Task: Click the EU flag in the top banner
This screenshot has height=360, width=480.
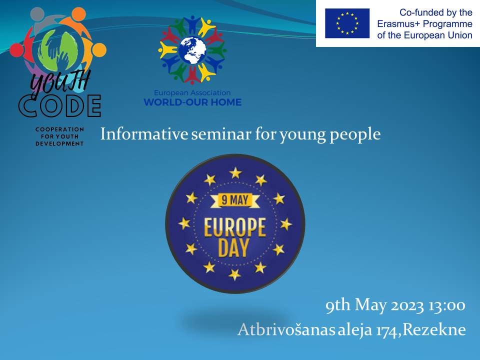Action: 347,23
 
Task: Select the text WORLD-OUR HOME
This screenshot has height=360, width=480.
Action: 192,102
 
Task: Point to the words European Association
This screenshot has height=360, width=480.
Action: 192,93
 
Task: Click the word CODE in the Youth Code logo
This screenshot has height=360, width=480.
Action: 59,106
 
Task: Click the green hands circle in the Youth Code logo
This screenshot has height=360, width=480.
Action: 57,50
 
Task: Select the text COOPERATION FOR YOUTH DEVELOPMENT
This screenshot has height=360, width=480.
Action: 59,136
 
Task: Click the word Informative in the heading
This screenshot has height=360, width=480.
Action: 144,134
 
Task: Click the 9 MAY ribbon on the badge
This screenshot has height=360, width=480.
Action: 235,200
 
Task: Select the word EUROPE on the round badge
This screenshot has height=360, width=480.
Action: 235,227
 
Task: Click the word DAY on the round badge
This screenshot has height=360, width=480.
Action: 233,248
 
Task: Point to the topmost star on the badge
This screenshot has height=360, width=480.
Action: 235,173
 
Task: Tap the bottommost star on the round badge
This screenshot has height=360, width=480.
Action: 234,274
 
